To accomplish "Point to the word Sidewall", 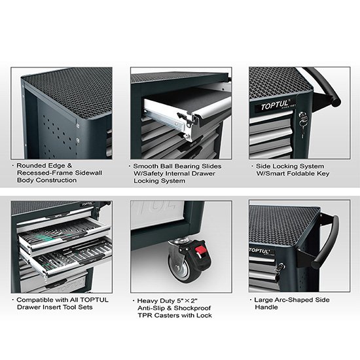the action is coord(88,173).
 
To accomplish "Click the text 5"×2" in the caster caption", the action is coord(187,301).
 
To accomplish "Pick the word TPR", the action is coord(145,315).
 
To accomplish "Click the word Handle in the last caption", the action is coord(266,307).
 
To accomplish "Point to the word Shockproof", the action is coord(192,308).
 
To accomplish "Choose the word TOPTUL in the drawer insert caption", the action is coord(94,300).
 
